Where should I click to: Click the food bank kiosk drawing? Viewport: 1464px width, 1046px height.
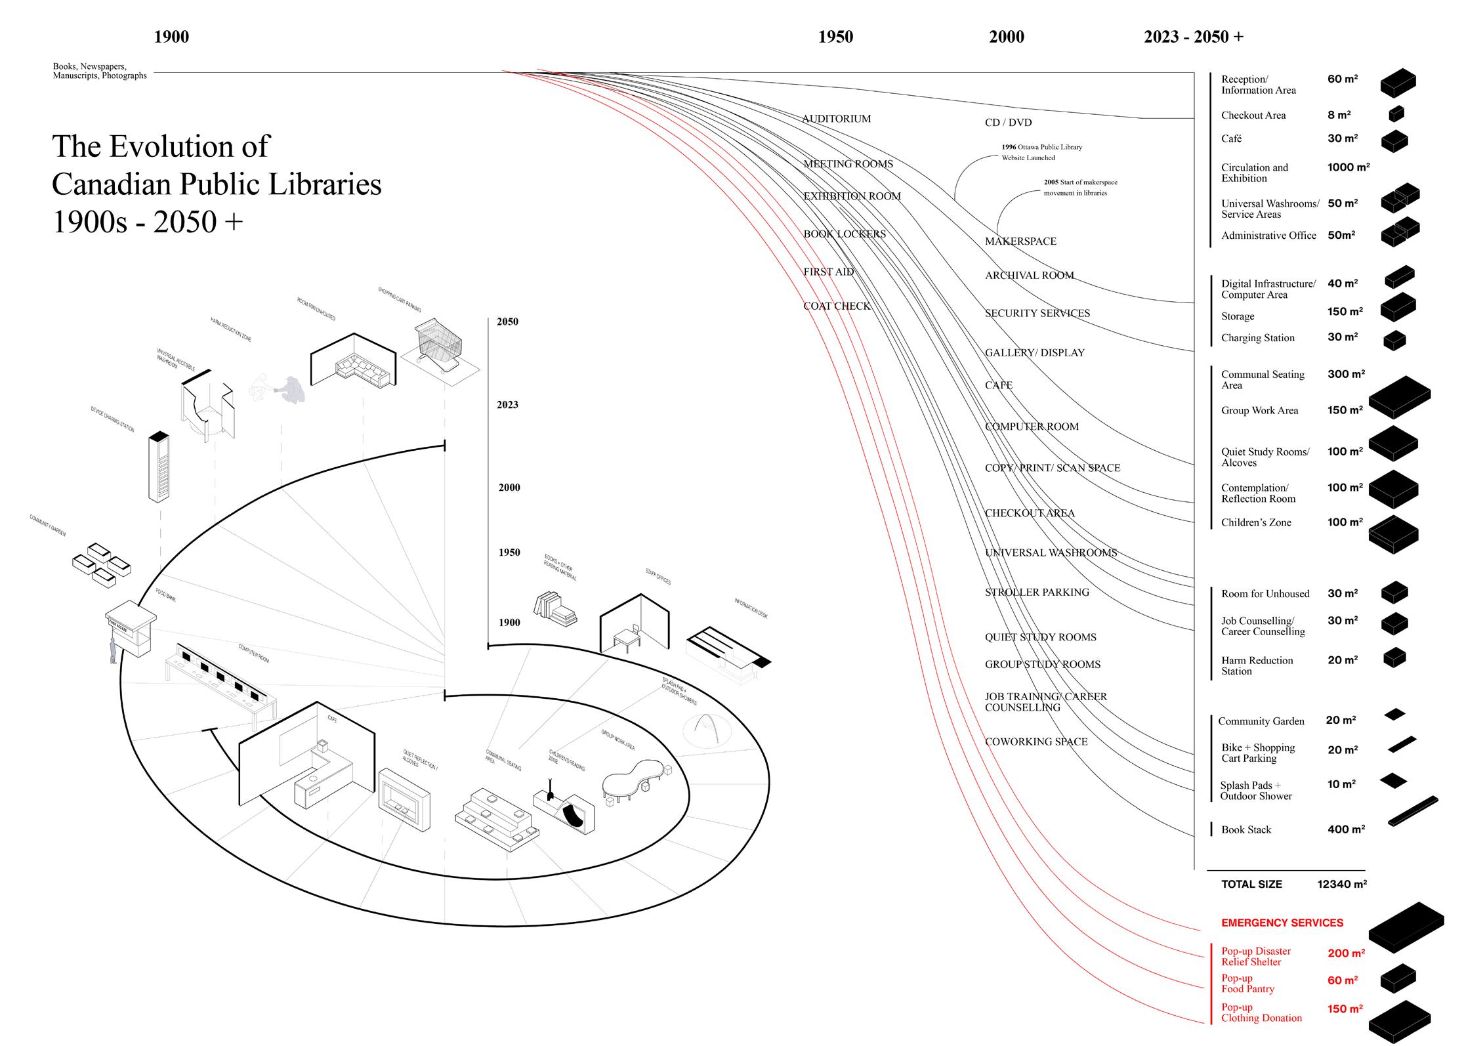click(x=132, y=631)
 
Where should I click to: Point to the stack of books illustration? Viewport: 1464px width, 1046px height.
click(x=555, y=608)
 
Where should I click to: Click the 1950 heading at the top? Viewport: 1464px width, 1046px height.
click(x=835, y=37)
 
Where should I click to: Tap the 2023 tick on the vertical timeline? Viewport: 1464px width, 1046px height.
click(x=507, y=405)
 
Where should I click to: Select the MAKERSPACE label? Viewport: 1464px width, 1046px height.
click(x=1020, y=241)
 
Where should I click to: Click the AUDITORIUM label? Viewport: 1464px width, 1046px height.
click(x=837, y=119)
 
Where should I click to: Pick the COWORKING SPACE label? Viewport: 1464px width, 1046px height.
click(x=1035, y=742)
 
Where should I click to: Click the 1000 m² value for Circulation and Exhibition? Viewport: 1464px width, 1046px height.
click(x=1348, y=167)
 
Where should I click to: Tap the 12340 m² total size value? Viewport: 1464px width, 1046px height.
click(x=1341, y=884)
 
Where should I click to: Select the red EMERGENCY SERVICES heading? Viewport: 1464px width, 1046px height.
click(x=1282, y=923)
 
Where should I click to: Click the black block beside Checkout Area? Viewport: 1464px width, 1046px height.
click(x=1396, y=114)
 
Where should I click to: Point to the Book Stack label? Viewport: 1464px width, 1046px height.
click(x=1245, y=830)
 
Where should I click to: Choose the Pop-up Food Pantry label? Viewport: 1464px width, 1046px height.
click(x=1247, y=984)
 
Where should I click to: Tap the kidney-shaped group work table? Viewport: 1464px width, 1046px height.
click(x=633, y=779)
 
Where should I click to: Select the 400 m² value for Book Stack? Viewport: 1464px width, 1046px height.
click(x=1345, y=829)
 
